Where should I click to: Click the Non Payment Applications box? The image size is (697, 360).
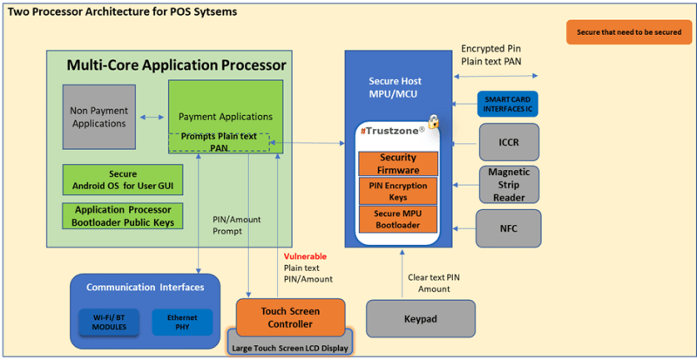99,117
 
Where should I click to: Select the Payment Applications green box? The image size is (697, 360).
226,117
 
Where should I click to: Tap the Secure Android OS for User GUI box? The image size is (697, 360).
123,180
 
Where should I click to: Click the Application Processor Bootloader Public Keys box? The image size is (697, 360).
123,216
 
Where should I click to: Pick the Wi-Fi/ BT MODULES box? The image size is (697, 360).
110,323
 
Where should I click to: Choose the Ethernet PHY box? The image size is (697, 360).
182,323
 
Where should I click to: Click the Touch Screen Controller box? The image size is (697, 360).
290,317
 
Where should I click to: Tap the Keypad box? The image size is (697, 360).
421,318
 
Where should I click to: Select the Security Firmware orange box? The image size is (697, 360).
398,164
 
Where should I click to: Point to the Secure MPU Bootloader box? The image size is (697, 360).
398,219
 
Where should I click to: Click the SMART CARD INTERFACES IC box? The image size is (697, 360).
508,104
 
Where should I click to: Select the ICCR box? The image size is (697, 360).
509,142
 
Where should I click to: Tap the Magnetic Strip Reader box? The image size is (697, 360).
509,184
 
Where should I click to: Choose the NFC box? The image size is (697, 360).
509,228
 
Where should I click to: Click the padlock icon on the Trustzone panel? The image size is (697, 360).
433,121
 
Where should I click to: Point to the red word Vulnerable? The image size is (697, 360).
305,257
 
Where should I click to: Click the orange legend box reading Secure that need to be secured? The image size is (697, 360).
629,32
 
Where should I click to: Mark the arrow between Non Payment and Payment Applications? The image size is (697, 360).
152,117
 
